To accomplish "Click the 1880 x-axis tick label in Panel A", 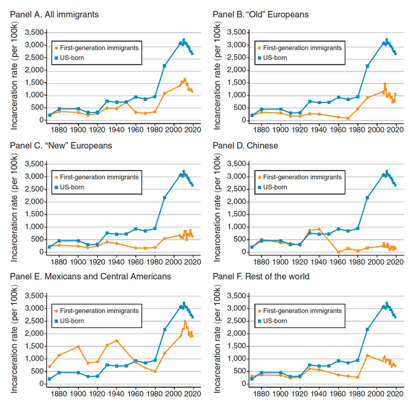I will [59, 129].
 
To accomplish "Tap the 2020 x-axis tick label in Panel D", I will [396, 261].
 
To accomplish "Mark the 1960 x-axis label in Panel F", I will [338, 394].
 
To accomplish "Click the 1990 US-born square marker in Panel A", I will [164, 66].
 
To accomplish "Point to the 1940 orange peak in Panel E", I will [116, 341].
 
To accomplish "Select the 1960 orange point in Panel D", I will [338, 252].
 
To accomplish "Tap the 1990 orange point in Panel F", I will [367, 355].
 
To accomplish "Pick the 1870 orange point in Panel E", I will [50, 367].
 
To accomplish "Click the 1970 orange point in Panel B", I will [348, 118].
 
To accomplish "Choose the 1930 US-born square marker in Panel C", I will [107, 233].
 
